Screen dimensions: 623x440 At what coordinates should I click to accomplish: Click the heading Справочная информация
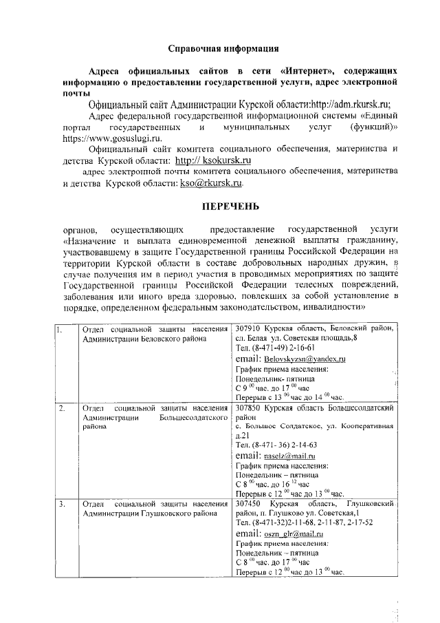(223, 49)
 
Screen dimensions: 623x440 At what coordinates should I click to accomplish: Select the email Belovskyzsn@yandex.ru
(305, 359)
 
